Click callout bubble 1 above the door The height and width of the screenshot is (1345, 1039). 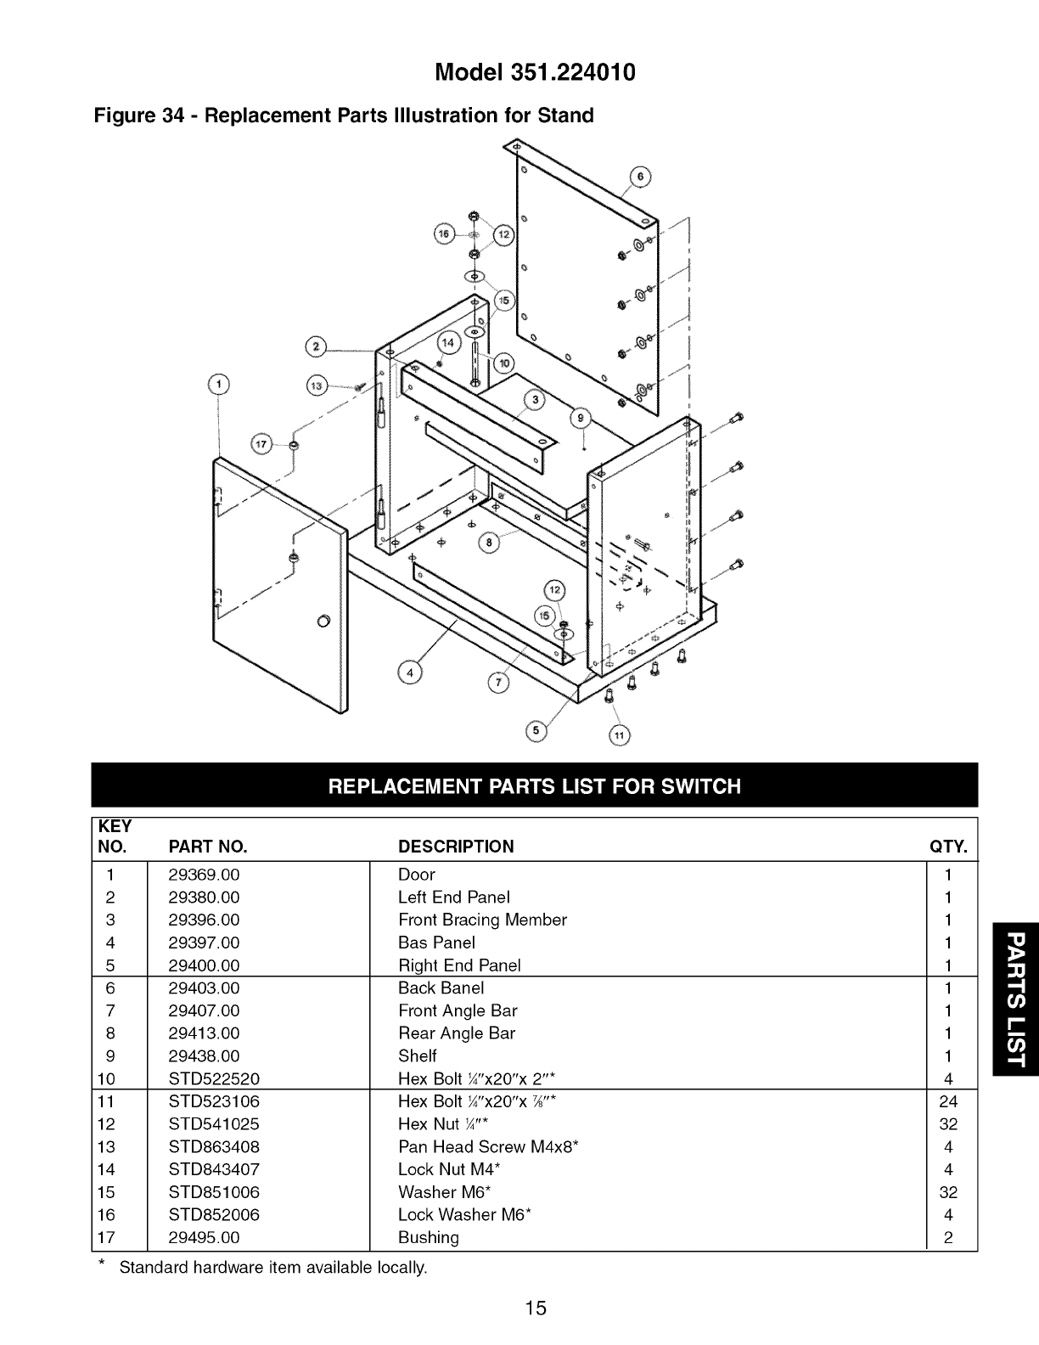(219, 385)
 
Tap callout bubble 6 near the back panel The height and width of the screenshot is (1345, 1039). (641, 177)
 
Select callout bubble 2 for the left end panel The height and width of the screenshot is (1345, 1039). (317, 346)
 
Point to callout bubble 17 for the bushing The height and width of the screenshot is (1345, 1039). (261, 443)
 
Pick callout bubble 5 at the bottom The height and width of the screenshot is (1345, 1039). (536, 731)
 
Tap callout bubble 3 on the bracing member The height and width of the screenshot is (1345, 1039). (535, 401)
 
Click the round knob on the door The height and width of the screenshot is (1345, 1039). (323, 617)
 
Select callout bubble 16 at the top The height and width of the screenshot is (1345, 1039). (443, 234)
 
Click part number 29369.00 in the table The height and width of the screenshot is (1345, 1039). (204, 875)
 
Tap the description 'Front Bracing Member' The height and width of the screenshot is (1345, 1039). (482, 920)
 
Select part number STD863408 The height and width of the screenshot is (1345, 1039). (214, 1146)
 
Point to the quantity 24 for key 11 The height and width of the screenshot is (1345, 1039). (948, 1101)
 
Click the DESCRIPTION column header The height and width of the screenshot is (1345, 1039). (456, 847)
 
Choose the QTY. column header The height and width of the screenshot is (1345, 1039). (948, 847)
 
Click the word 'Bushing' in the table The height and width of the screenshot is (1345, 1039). (429, 1237)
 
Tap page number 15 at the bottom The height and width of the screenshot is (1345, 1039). (535, 1308)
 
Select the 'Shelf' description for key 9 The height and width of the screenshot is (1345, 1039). (418, 1055)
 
